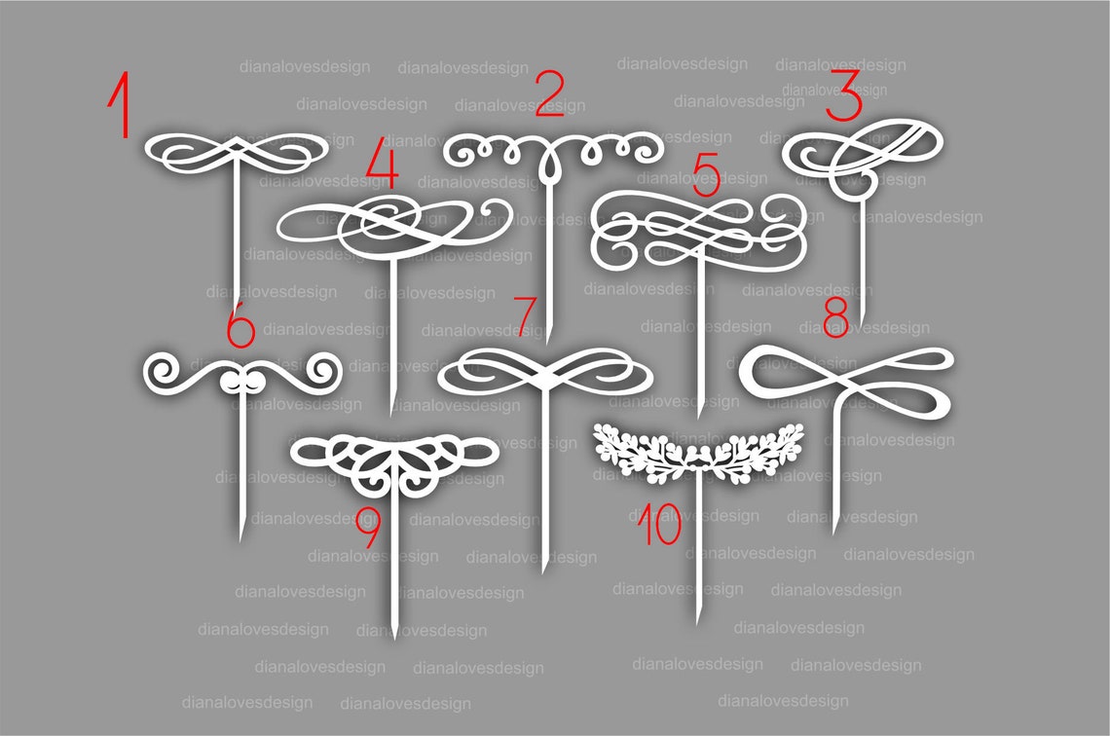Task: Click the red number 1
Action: click(x=121, y=104)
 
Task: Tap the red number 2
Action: click(x=549, y=93)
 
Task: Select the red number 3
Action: click(x=844, y=98)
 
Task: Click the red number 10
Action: click(x=659, y=525)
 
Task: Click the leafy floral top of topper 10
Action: click(x=696, y=451)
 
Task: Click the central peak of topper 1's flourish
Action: click(x=237, y=143)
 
